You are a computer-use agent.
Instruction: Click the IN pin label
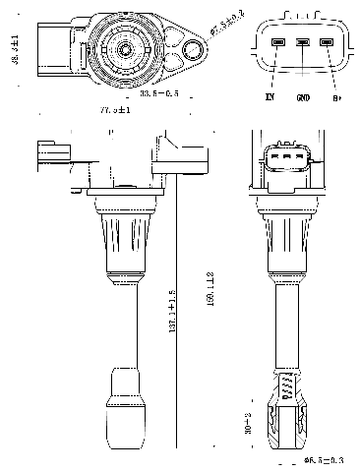[x=269, y=98]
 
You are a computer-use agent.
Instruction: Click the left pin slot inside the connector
[x=278, y=43]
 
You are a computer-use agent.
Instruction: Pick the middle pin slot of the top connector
[x=303, y=43]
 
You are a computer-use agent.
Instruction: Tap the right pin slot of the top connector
[x=328, y=43]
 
